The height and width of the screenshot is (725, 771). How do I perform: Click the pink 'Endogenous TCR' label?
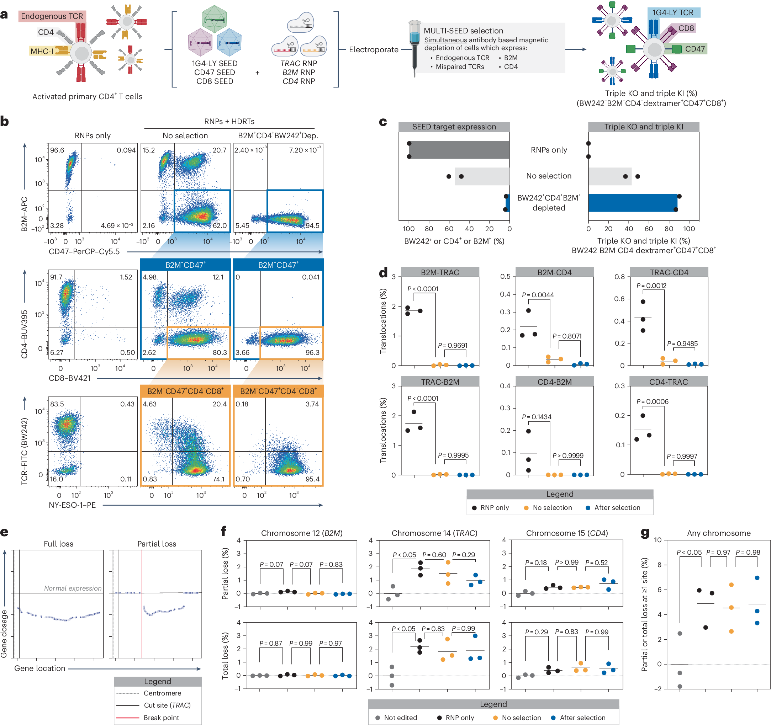point(52,16)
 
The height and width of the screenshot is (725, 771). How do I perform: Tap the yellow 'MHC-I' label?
point(42,51)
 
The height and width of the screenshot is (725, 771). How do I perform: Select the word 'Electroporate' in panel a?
point(374,49)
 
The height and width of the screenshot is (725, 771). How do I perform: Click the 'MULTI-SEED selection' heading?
point(463,31)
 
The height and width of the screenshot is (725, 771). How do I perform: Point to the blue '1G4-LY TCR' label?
point(673,12)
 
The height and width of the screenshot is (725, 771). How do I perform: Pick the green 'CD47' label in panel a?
point(695,49)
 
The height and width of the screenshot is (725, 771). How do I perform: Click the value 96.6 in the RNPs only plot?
point(57,150)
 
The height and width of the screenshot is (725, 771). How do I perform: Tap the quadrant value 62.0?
point(220,225)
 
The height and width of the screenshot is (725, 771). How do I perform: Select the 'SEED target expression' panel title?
point(454,127)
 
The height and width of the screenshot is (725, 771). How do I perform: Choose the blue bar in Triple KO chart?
point(632,203)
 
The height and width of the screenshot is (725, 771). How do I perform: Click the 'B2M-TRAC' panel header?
point(440,272)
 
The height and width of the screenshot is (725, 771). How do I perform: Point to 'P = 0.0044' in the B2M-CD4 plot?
point(538,295)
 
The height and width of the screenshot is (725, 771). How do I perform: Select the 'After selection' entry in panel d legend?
point(617,508)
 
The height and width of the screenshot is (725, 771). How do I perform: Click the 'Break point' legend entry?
point(161,718)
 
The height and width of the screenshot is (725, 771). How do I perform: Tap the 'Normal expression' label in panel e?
point(73,588)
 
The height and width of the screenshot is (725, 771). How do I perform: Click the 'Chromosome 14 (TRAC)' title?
point(434,533)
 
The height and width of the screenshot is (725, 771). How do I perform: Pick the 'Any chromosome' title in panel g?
point(719,533)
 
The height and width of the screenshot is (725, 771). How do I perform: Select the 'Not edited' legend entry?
point(400,718)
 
